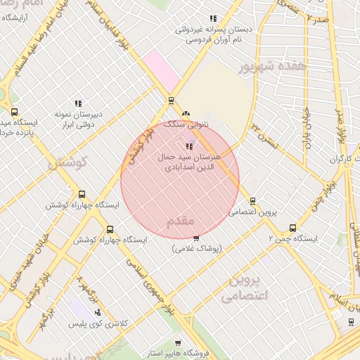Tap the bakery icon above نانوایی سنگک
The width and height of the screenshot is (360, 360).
click(x=186, y=114)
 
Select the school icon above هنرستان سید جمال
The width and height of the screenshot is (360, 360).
click(x=188, y=146)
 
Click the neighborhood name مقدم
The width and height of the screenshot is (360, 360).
click(x=181, y=221)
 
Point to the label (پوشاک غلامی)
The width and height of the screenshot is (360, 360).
click(x=196, y=248)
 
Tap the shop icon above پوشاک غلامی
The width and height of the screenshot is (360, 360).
click(x=196, y=238)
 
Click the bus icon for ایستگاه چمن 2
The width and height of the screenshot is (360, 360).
click(x=293, y=228)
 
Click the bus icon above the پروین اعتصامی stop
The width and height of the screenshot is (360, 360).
click(x=252, y=200)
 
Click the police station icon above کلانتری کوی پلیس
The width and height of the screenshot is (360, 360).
click(x=98, y=313)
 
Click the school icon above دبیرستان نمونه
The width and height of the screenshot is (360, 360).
click(x=78, y=103)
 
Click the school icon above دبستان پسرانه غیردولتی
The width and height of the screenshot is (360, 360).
click(x=213, y=19)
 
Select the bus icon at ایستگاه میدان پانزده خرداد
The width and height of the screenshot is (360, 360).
click(x=14, y=112)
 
